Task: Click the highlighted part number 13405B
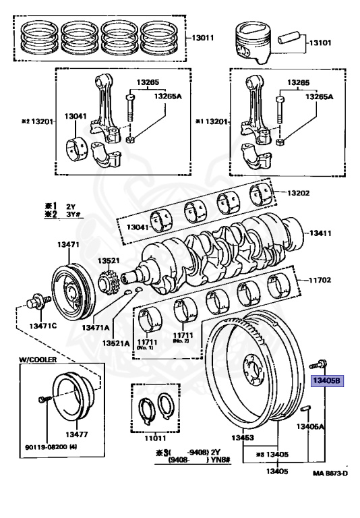(x=327, y=381)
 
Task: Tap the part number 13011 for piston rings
(x=203, y=38)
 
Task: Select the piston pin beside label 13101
(x=289, y=37)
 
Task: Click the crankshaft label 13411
(x=320, y=233)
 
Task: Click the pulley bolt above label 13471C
(x=38, y=301)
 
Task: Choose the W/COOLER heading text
(x=37, y=359)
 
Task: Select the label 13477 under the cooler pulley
(x=77, y=434)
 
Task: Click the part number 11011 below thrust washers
(x=155, y=438)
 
